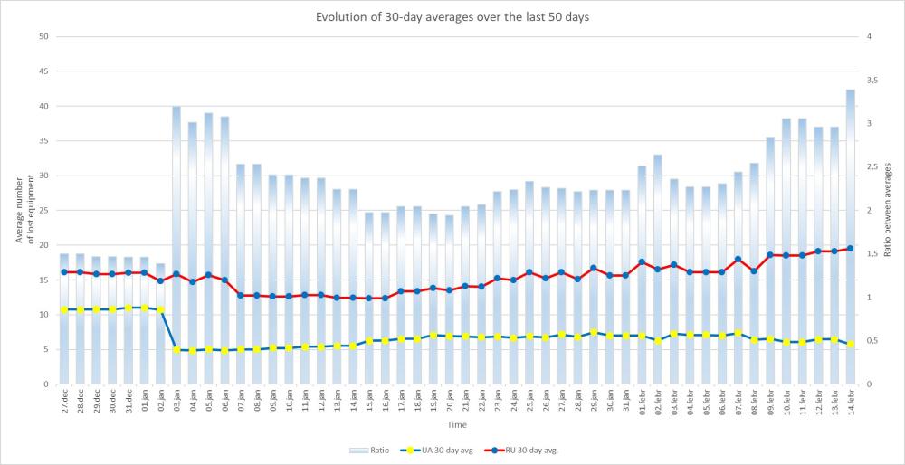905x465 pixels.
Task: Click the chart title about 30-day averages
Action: click(453, 17)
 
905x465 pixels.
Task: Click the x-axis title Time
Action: click(457, 423)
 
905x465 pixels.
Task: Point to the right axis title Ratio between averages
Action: click(891, 210)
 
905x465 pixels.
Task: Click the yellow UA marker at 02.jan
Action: click(160, 309)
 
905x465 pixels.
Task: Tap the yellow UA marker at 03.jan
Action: click(176, 349)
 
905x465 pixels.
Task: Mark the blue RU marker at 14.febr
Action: click(851, 248)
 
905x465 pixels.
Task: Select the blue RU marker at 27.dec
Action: click(64, 271)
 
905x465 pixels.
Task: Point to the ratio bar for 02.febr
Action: click(658, 262)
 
